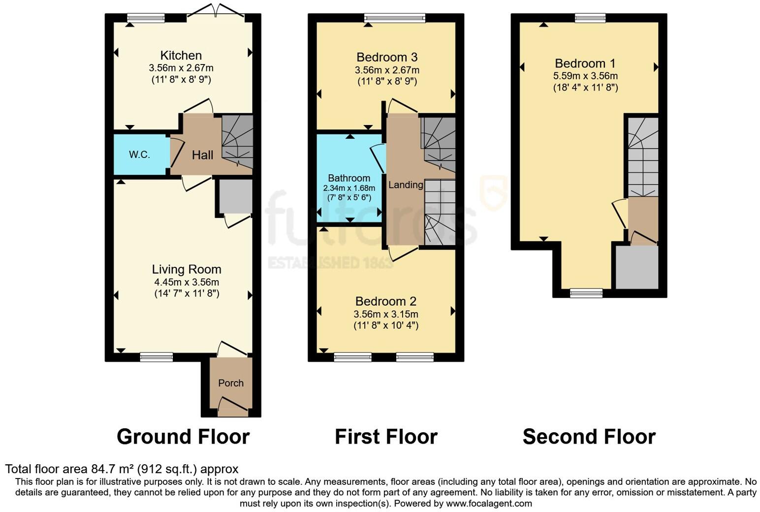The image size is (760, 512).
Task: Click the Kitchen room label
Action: pyautogui.click(x=181, y=56)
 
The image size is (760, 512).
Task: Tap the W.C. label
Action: pyautogui.click(x=139, y=155)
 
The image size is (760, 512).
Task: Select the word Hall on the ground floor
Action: pyautogui.click(x=202, y=155)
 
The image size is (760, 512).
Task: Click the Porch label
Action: pyautogui.click(x=231, y=383)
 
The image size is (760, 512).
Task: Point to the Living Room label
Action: pyautogui.click(x=187, y=269)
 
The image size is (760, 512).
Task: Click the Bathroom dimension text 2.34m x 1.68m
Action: pyautogui.click(x=349, y=188)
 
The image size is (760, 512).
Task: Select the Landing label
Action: pyautogui.click(x=406, y=185)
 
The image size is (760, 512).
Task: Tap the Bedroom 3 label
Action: pyautogui.click(x=387, y=57)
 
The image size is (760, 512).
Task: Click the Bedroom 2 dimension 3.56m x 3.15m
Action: pyautogui.click(x=386, y=314)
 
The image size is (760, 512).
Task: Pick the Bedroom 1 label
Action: pyautogui.click(x=585, y=64)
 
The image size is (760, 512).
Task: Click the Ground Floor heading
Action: pyautogui.click(x=183, y=437)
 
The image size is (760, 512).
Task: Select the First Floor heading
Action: pyautogui.click(x=386, y=437)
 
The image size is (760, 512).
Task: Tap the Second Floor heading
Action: pyautogui.click(x=589, y=437)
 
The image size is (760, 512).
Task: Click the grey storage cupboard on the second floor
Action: pyautogui.click(x=637, y=267)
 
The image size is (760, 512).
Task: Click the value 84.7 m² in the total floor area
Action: pyautogui.click(x=113, y=469)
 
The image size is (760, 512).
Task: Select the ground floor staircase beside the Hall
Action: pyautogui.click(x=237, y=142)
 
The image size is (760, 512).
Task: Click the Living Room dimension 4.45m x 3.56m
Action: pyautogui.click(x=187, y=282)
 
